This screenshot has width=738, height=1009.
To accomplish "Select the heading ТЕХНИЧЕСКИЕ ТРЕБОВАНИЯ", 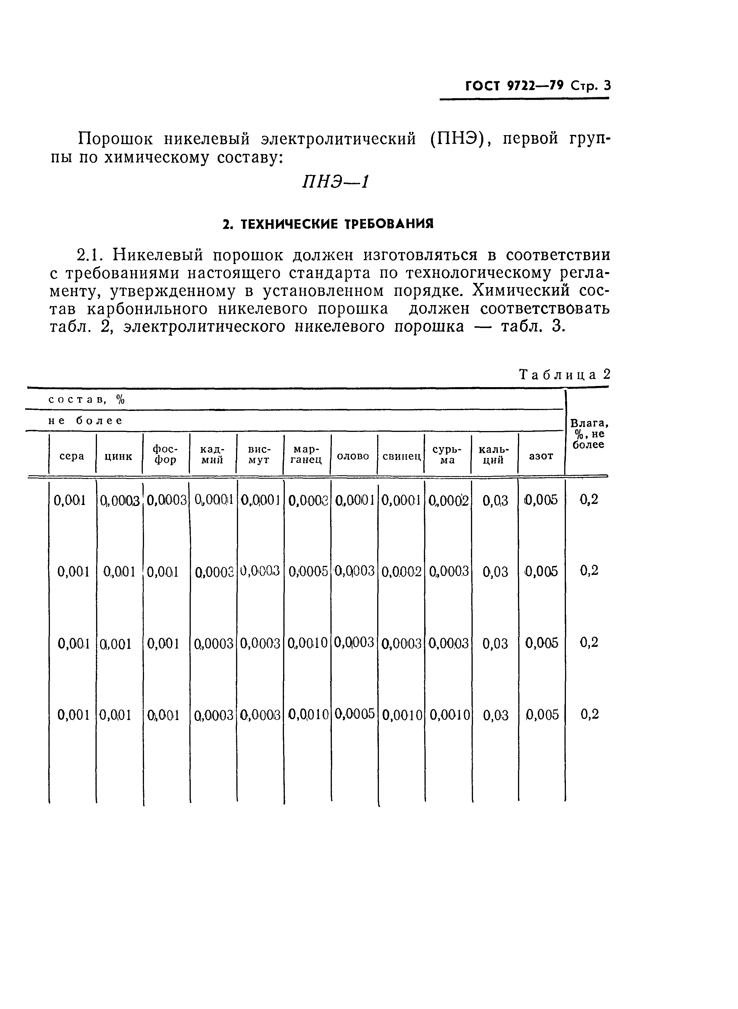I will click(x=328, y=224).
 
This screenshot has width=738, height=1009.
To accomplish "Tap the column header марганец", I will click(x=306, y=455).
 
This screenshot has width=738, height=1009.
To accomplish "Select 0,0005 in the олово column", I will click(x=355, y=714).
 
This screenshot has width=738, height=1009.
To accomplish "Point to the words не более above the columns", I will click(x=85, y=420).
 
